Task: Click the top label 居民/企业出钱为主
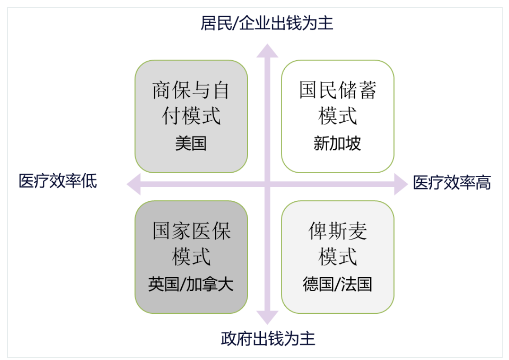coord(267,24)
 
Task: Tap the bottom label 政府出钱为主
coord(268,339)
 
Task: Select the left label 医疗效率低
coord(58,181)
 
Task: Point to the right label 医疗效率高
coord(452,183)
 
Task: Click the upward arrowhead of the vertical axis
coord(268,51)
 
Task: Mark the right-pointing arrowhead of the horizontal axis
coord(401,184)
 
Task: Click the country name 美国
coord(191,143)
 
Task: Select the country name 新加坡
coord(337,143)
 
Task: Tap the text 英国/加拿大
coord(191,284)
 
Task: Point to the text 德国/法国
coord(337,284)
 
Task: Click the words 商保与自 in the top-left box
coord(191,90)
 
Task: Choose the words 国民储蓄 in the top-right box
coord(338,90)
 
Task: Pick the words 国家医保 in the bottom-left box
coord(192,231)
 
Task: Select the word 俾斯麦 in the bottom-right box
coord(338,231)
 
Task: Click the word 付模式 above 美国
coord(191,116)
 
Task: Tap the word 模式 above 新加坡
coord(338,116)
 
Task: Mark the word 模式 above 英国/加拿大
coord(191,257)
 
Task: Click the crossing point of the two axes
coord(268,184)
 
